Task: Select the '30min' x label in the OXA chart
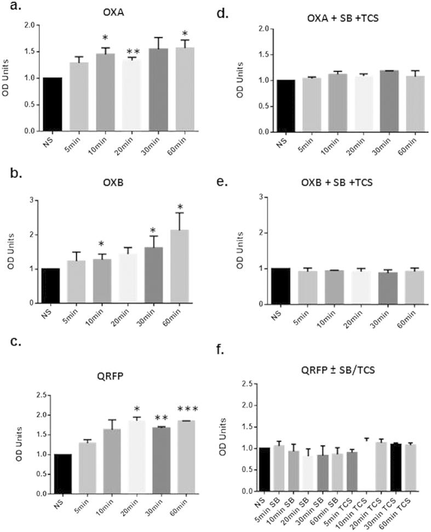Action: click(x=159, y=147)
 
